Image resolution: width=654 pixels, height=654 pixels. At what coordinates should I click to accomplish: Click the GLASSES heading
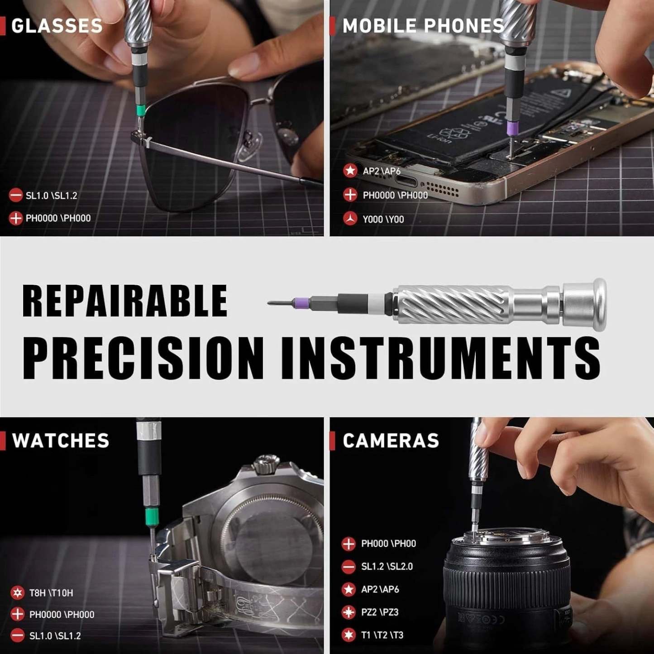pos(57,26)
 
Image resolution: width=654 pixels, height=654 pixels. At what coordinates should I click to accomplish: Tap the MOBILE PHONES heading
pos(423,26)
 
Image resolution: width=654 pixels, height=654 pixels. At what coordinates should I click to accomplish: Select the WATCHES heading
pos(61,440)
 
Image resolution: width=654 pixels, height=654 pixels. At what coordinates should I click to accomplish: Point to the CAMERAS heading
pos(391,440)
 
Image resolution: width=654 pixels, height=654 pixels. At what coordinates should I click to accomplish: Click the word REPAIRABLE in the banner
pos(125,301)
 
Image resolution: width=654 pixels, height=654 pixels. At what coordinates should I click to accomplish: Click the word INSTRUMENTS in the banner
pos(441,358)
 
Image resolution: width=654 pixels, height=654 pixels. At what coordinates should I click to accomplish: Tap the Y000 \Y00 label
pos(383,220)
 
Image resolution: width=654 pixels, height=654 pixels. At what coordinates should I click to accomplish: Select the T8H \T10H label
pos(51,593)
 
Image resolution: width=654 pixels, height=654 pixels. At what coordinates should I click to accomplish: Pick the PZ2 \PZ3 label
pos(380,612)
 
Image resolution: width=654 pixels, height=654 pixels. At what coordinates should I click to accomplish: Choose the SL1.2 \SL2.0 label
pos(387,567)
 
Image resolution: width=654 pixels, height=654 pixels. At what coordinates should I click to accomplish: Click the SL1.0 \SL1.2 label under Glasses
pos(51,196)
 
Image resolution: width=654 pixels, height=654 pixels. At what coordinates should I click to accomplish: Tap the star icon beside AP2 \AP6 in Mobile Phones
pos(350,171)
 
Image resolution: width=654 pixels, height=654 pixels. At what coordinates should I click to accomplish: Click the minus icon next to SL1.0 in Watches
pos(18,636)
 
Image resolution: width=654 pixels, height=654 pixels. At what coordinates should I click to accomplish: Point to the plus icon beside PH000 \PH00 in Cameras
pos(348,544)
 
